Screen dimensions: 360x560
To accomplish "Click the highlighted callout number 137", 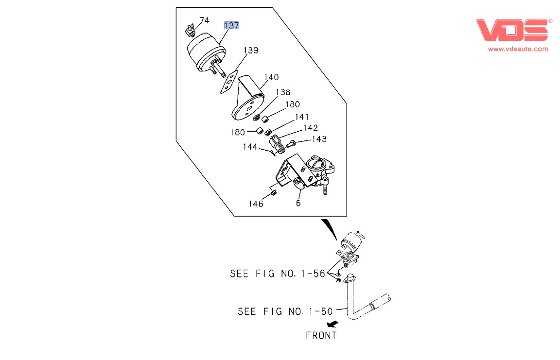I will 231,26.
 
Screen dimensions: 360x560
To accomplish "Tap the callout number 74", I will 204,20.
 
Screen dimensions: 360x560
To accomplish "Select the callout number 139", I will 251,51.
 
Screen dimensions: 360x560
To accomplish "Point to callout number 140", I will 271,77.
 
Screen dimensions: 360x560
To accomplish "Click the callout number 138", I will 283,92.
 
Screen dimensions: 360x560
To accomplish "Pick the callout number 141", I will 302,117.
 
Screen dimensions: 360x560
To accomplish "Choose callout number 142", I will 311,128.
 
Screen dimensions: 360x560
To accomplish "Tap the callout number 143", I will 319,139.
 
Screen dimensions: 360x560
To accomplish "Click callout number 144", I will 251,146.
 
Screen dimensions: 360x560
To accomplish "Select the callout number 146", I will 256,204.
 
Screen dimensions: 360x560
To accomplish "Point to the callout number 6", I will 298,203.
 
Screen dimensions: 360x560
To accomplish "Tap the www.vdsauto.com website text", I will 518,49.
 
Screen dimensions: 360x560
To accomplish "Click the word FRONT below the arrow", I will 321,335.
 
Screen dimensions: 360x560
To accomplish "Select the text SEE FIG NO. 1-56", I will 277,274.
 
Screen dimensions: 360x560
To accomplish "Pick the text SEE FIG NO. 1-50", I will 285,311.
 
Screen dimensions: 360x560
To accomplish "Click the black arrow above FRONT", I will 333,323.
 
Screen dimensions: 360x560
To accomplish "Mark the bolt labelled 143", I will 292,143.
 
